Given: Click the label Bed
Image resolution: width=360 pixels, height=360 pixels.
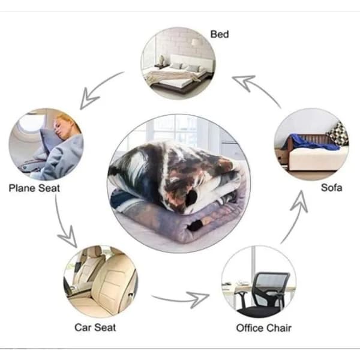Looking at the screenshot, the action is click(220, 34).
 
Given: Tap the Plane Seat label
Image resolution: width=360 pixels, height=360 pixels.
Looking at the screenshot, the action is click(34, 188).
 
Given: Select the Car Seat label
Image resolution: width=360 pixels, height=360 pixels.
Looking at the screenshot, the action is click(95, 328).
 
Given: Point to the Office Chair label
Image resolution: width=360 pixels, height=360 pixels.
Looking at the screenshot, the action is click(263, 328).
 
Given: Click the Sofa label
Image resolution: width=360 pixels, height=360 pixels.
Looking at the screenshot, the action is click(331, 188).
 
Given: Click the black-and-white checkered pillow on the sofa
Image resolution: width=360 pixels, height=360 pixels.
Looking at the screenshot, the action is click(337, 134).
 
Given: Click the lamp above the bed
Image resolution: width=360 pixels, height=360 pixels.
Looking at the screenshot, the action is click(195, 42).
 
